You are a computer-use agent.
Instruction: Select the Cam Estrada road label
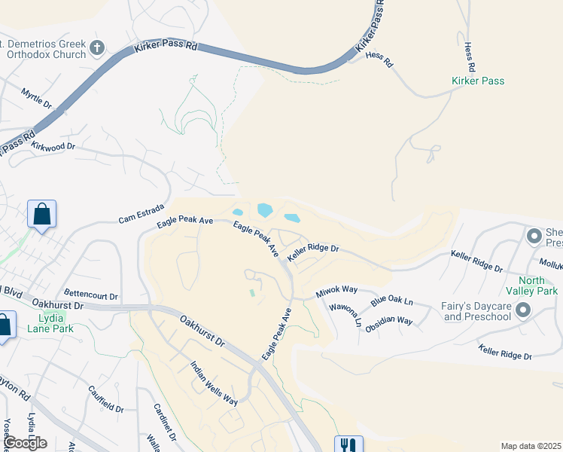(136, 216)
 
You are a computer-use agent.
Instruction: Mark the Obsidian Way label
(394, 321)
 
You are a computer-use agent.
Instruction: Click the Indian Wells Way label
(214, 383)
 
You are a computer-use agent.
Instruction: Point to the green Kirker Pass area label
(477, 81)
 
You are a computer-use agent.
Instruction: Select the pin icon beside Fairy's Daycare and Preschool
(523, 310)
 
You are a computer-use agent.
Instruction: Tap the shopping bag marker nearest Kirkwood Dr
(41, 214)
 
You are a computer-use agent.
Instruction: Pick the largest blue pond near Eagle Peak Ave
(265, 210)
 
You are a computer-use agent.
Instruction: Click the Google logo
(25, 443)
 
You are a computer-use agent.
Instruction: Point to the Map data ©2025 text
(531, 446)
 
